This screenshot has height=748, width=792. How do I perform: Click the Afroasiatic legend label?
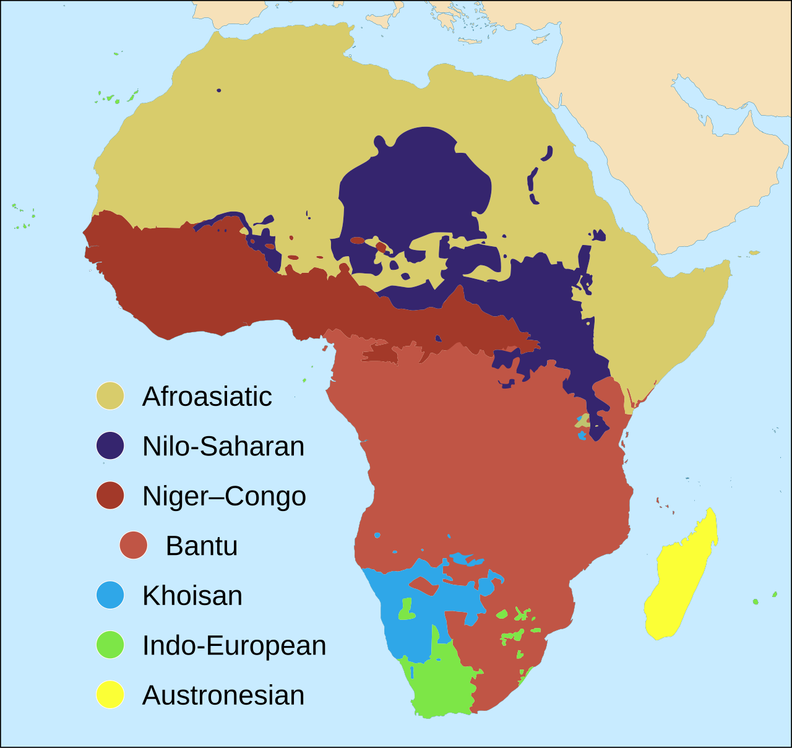pyautogui.click(x=207, y=397)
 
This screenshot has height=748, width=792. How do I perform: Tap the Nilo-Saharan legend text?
pyautogui.click(x=223, y=446)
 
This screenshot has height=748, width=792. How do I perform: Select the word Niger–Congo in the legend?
pyautogui.click(x=224, y=496)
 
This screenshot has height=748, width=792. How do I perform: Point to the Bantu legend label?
pyautogui.click(x=202, y=546)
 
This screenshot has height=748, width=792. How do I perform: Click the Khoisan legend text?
pyautogui.click(x=192, y=596)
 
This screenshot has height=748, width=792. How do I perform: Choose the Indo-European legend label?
pyautogui.click(x=234, y=645)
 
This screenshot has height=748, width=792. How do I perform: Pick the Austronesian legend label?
pyautogui.click(x=223, y=695)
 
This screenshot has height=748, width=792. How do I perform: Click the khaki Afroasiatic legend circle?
pyautogui.click(x=110, y=396)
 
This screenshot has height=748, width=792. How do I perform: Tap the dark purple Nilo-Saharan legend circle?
pyautogui.click(x=110, y=445)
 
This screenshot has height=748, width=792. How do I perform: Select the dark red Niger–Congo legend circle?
pyautogui.click(x=110, y=496)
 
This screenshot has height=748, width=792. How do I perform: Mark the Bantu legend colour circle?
pyautogui.click(x=134, y=545)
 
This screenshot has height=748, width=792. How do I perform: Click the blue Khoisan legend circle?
pyautogui.click(x=110, y=595)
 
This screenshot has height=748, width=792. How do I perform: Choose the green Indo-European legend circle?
pyautogui.click(x=110, y=645)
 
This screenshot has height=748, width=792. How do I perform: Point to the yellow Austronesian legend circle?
pyautogui.click(x=110, y=695)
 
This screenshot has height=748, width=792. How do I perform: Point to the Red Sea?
pyautogui.click(x=594, y=167)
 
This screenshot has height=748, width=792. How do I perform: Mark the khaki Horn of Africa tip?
pyautogui.click(x=721, y=269)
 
